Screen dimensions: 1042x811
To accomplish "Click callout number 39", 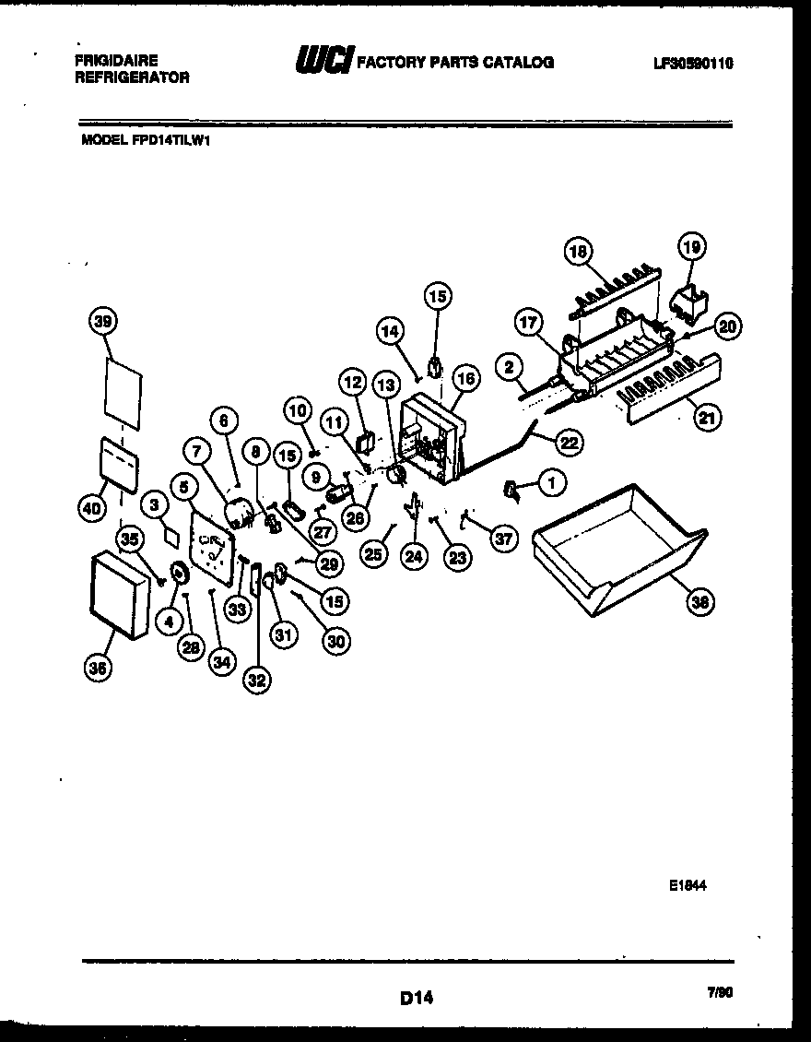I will (x=105, y=321).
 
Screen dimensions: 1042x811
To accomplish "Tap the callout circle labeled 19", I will (x=691, y=246).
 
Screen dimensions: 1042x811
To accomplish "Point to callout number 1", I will (x=552, y=479).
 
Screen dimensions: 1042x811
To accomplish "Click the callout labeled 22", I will (x=570, y=443).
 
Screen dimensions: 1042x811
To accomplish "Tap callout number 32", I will (x=256, y=681).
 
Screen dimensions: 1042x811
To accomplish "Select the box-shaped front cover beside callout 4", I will (x=117, y=595).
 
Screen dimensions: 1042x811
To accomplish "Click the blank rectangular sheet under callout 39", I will (x=123, y=395).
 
